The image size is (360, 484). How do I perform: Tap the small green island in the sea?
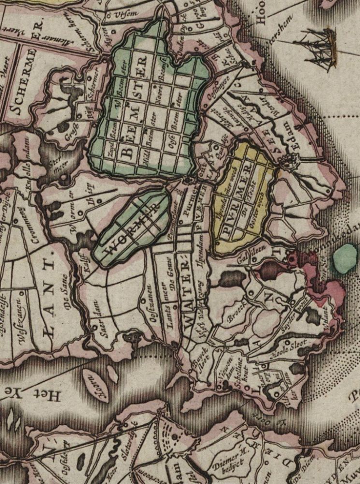click(x=345, y=258)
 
